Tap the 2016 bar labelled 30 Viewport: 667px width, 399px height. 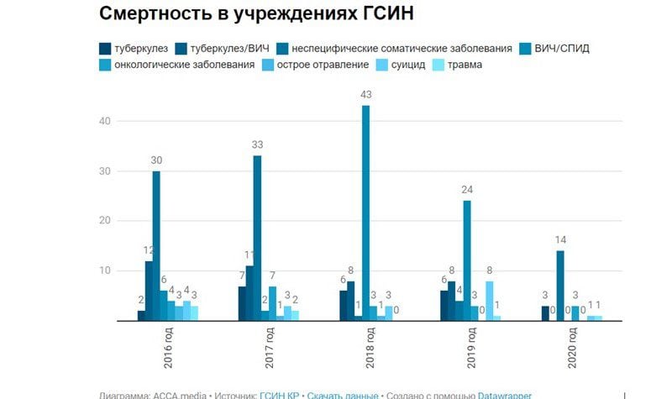[x=156, y=244]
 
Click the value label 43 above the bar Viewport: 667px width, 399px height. [x=365, y=95]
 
